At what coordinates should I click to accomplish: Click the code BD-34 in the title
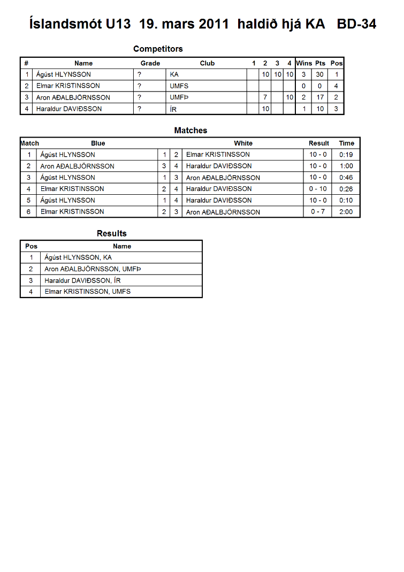point(356,24)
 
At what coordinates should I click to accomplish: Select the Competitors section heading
point(158,49)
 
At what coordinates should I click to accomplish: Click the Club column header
point(207,63)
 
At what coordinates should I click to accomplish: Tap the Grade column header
point(150,63)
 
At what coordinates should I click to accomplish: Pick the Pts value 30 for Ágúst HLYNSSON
point(319,74)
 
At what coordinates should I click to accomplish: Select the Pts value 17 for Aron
point(319,97)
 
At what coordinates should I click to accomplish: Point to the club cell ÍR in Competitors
point(173,109)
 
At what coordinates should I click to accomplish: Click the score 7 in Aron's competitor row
point(265,97)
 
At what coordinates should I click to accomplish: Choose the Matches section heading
point(190,130)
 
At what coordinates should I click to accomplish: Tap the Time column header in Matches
point(346,143)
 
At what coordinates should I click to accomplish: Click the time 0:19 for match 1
point(346,155)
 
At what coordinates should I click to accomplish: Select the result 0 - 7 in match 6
point(318,212)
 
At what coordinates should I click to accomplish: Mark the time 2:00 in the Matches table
point(346,212)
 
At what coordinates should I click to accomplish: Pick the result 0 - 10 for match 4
point(318,189)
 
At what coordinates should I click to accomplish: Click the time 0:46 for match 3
point(346,178)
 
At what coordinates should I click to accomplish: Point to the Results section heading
point(111,233)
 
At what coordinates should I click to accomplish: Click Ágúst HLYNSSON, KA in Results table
point(78,258)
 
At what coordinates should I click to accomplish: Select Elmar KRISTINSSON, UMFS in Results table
point(87,292)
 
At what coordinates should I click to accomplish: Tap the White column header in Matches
point(243,143)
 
